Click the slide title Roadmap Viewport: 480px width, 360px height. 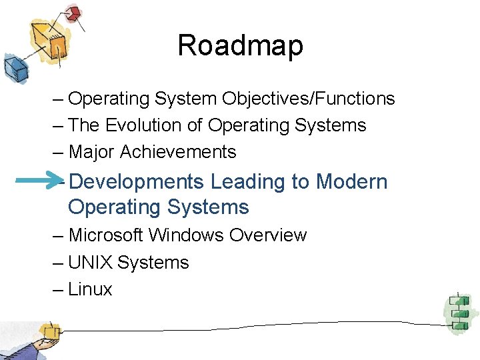tap(240, 46)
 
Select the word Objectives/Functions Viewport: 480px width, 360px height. tap(309, 99)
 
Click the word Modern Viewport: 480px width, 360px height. tap(352, 181)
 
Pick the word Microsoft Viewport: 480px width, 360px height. tap(106, 235)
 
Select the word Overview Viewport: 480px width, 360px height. tap(268, 235)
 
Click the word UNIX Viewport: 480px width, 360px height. tap(90, 263)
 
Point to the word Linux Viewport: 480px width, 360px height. tap(90, 289)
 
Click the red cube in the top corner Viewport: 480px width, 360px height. tap(73, 13)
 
